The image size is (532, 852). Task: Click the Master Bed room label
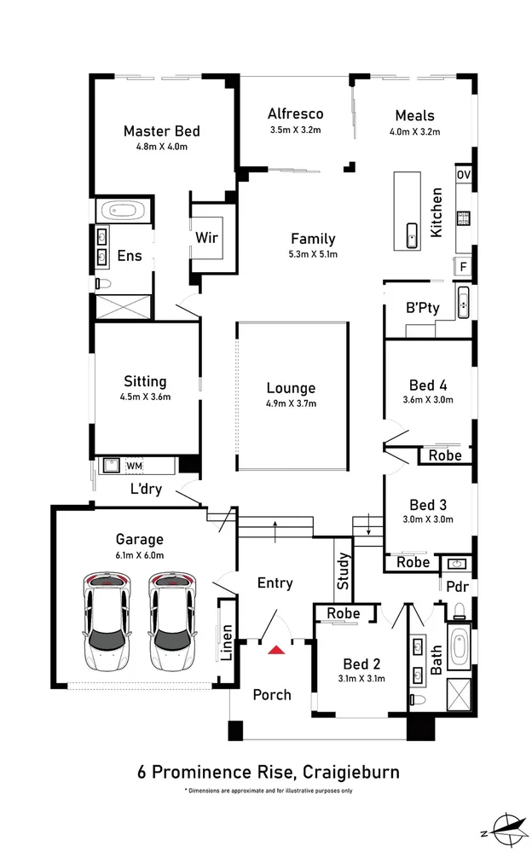tap(161, 130)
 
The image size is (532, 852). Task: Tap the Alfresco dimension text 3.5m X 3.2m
tap(295, 131)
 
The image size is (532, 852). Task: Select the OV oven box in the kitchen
tap(464, 175)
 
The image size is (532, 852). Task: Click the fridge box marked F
tap(463, 266)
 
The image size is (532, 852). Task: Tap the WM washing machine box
tap(134, 466)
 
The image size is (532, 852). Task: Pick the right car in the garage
tap(171, 621)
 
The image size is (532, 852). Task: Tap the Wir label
tap(206, 237)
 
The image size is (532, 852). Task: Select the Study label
tap(342, 572)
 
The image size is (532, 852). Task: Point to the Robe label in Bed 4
tap(445, 455)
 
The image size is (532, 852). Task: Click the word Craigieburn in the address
tap(350, 772)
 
